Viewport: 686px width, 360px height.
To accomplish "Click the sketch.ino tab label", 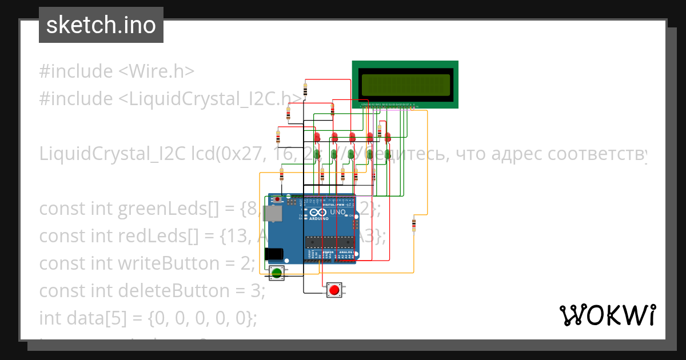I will (x=101, y=25).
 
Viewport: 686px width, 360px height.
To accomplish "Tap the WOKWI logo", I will (x=607, y=315).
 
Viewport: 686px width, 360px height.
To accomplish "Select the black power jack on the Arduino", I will (x=274, y=254).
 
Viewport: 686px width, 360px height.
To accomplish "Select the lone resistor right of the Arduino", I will (x=414, y=225).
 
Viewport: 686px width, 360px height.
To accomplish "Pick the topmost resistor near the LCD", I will (x=305, y=89).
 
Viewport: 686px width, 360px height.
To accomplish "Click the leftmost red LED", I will (x=317, y=137).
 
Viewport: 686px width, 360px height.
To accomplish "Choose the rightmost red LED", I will (x=388, y=137).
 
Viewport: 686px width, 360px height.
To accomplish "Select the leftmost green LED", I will (x=317, y=154).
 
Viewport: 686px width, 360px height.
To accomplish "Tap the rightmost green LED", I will (x=388, y=154).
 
